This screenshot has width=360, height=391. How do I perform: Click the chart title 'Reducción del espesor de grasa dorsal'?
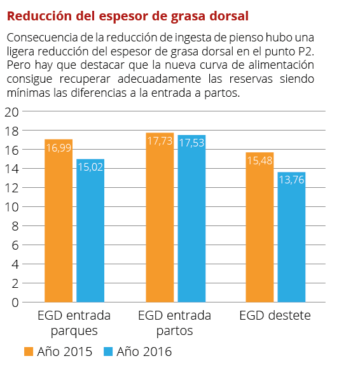click(127, 15)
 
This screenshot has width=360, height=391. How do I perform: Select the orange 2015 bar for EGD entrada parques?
click(59, 223)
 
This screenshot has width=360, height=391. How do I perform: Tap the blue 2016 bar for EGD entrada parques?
click(90, 232)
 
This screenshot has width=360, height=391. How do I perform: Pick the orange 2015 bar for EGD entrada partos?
click(160, 220)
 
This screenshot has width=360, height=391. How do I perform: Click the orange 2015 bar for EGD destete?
click(260, 229)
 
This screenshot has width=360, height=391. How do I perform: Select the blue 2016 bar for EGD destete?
click(291, 239)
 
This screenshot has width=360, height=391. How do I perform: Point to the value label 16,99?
click(59, 148)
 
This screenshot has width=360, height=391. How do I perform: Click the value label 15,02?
click(90, 167)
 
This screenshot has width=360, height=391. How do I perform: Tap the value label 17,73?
click(160, 141)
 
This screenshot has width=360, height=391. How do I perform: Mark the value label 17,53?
click(191, 143)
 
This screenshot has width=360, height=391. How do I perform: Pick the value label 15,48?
click(260, 161)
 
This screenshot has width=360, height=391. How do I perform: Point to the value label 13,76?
click(291, 180)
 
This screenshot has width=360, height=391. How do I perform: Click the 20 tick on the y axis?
click(11, 112)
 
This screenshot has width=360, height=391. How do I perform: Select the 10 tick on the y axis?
click(11, 207)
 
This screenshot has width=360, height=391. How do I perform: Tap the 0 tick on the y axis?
click(14, 302)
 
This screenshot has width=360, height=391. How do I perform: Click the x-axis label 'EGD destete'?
click(275, 316)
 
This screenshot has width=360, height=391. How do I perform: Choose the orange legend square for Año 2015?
click(28, 352)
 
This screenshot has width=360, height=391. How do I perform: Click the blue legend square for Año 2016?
click(107, 352)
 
